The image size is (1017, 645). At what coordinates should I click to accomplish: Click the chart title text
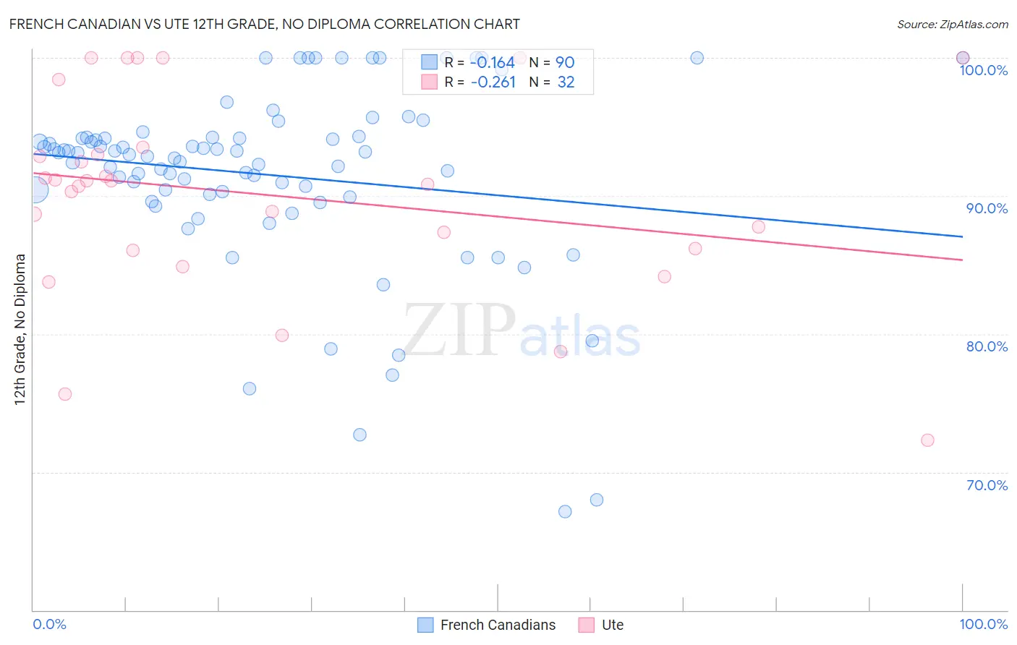click(x=264, y=24)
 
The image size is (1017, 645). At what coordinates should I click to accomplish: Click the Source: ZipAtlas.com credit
click(x=952, y=24)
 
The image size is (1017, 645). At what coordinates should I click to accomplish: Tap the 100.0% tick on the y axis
click(x=983, y=70)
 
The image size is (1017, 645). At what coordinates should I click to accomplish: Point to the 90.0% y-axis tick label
click(x=987, y=208)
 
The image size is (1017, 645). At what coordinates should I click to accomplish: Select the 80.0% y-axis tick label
click(x=987, y=346)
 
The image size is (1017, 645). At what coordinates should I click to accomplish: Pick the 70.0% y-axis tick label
click(x=987, y=485)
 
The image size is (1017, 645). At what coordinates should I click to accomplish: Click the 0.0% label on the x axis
click(x=49, y=624)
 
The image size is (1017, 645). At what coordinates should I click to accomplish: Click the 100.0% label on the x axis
click(x=983, y=624)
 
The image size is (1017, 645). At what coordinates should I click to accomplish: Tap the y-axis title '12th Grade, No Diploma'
click(x=20, y=329)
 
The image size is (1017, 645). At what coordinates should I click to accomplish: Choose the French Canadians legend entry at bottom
click(x=487, y=625)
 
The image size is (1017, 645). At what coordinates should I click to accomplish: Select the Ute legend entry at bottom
click(x=601, y=625)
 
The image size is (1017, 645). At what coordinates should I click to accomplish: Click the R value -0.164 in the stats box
click(x=493, y=63)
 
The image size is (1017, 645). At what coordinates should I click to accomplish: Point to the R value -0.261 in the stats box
click(x=493, y=82)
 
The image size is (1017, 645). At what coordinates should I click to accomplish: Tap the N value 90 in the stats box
click(x=565, y=63)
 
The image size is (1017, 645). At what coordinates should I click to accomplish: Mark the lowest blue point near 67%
click(x=565, y=511)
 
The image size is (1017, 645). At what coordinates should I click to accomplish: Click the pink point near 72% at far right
click(x=927, y=440)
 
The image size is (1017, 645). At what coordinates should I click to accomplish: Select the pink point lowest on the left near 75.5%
click(x=65, y=394)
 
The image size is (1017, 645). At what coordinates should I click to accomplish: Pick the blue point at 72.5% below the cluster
click(x=359, y=435)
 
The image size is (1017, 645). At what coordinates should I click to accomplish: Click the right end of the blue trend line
click(x=962, y=236)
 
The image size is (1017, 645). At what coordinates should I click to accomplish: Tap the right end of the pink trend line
click(x=962, y=260)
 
